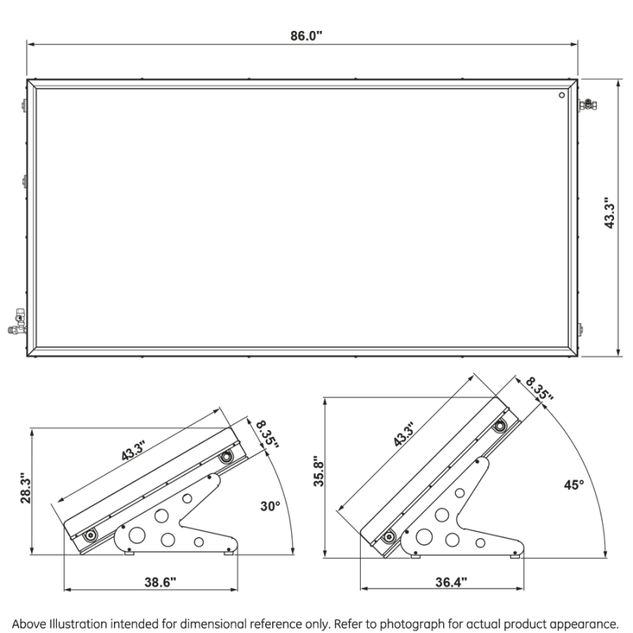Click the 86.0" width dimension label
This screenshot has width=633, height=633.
[x=306, y=36]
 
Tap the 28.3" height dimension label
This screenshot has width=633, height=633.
[x=26, y=487]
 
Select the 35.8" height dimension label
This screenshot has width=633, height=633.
[x=319, y=471]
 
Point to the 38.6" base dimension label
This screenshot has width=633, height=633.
[x=161, y=582]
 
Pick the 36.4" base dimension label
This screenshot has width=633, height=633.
[x=451, y=582]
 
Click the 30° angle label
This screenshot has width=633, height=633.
[x=270, y=506]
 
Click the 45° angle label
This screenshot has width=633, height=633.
[x=574, y=484]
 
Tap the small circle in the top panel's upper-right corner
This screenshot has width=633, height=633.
[x=562, y=95]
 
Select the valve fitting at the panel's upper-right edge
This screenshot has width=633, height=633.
[x=588, y=105]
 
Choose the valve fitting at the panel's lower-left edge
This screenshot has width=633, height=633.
[x=17, y=322]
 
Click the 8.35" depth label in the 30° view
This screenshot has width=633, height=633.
[x=267, y=434]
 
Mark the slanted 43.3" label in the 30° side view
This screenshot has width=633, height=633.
[x=133, y=451]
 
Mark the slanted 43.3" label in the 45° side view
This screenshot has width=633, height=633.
[x=404, y=434]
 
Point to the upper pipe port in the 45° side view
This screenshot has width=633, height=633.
[x=500, y=426]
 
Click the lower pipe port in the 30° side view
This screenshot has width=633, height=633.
[x=89, y=536]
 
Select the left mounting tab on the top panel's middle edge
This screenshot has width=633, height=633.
[x=25, y=181]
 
